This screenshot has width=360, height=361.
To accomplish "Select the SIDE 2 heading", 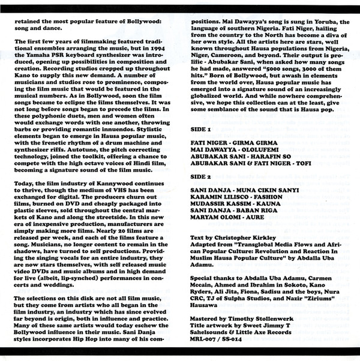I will (x=201, y=179).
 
